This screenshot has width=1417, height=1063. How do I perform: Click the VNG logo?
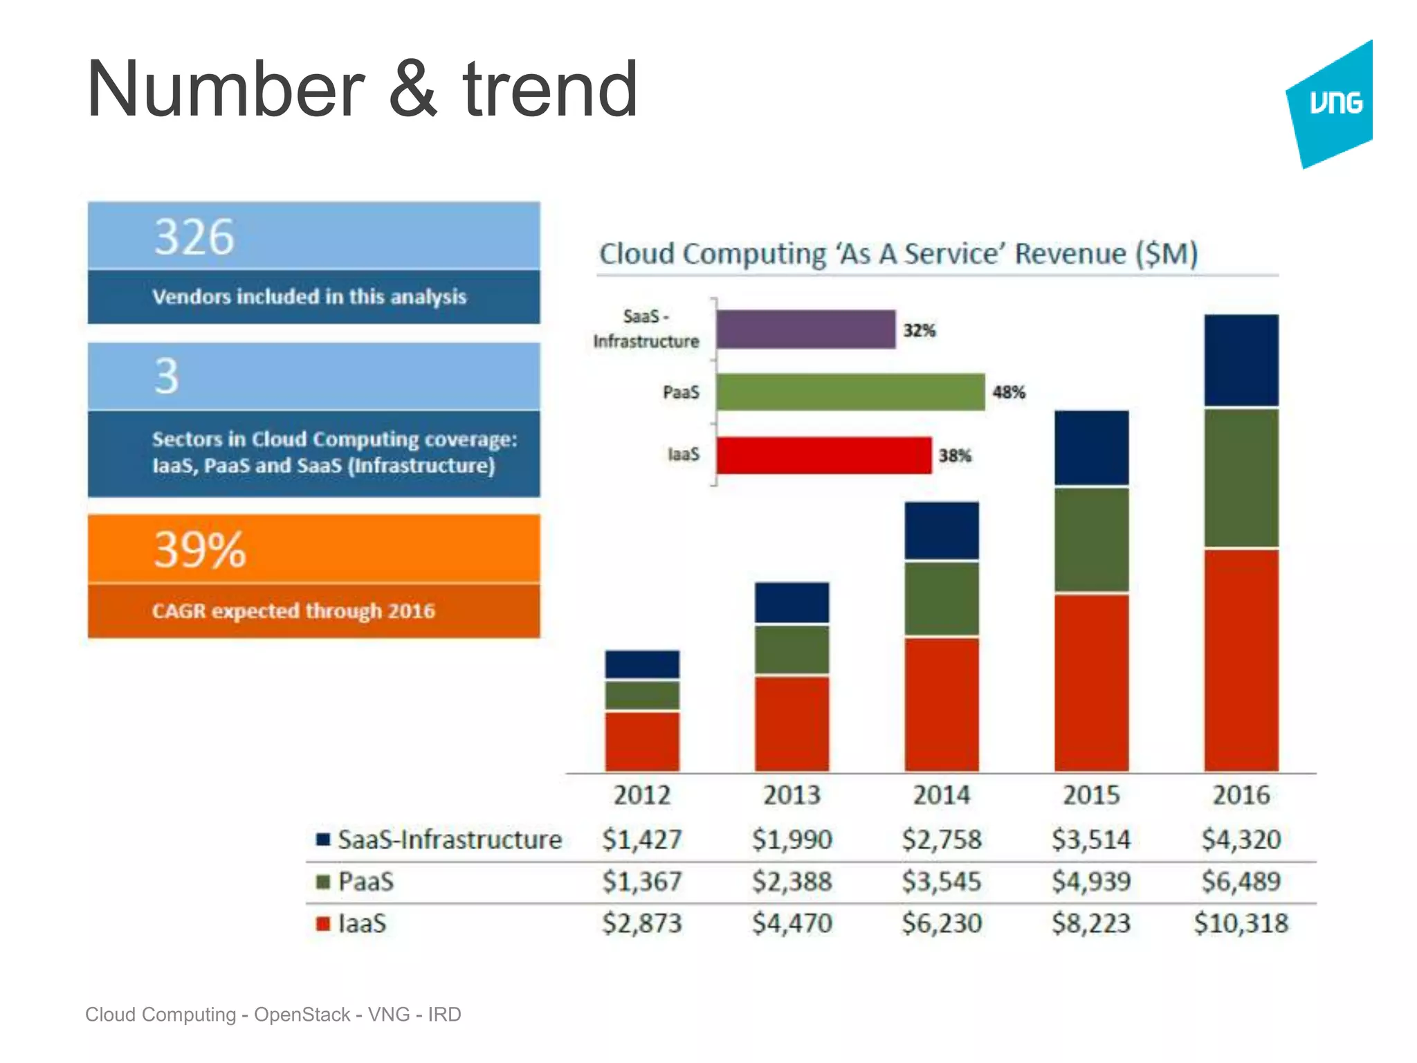click(x=1333, y=104)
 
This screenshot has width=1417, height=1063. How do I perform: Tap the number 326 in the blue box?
click(x=194, y=237)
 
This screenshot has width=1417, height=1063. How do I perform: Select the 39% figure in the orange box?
click(x=199, y=550)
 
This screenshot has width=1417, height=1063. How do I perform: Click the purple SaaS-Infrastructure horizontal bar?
click(x=805, y=329)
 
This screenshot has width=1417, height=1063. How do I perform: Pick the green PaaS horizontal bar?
click(x=850, y=392)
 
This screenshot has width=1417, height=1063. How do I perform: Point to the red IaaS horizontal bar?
click(x=823, y=455)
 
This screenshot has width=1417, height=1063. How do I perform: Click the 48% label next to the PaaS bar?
click(x=1008, y=392)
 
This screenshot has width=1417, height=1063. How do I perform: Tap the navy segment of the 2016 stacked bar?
click(x=1241, y=360)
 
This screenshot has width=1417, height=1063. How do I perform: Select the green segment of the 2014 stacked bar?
click(x=942, y=599)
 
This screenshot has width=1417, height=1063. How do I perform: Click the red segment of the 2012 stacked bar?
click(x=642, y=741)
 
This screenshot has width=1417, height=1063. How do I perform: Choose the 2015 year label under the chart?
click(x=1091, y=795)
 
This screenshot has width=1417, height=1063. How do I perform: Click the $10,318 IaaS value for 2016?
click(x=1241, y=923)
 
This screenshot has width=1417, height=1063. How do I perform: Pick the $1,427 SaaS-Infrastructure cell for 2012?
click(x=642, y=839)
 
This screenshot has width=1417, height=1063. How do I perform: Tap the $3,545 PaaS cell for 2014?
click(x=942, y=882)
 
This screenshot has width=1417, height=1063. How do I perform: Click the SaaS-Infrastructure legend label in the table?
click(x=450, y=839)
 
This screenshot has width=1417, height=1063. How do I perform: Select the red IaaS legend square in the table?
click(x=323, y=924)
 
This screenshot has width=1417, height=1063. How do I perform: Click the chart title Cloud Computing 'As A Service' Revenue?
click(x=898, y=254)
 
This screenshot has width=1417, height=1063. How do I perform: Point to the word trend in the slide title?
click(x=550, y=90)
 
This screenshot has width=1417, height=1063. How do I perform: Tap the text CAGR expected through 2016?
click(x=293, y=611)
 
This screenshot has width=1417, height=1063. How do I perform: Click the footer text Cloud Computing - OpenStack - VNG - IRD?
click(x=273, y=1015)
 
